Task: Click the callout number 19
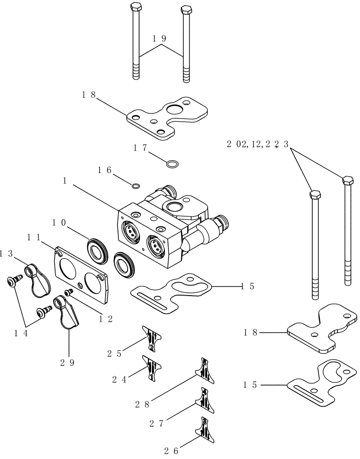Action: [x=159, y=39]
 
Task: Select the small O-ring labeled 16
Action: [x=136, y=186]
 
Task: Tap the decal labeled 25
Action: [x=151, y=338]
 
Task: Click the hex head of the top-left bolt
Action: [x=135, y=7]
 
